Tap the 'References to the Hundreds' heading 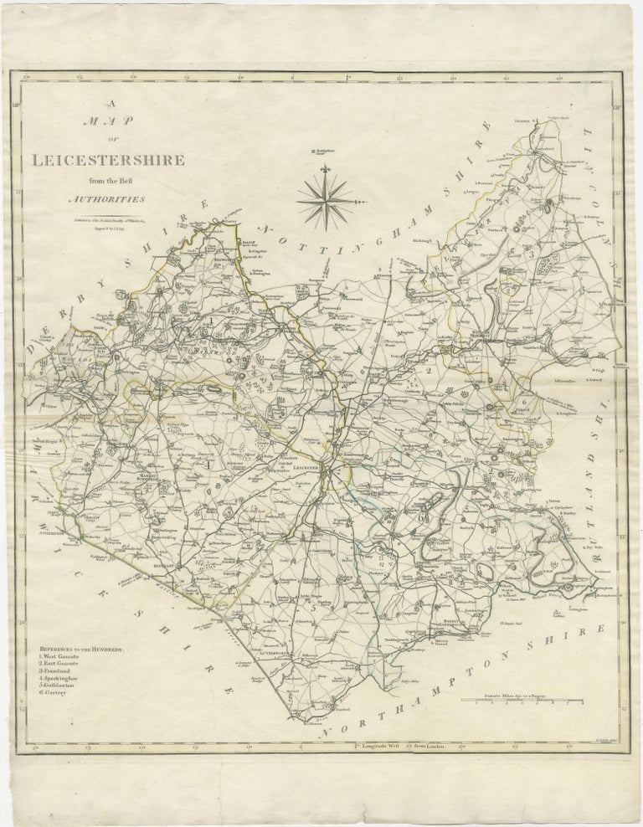coord(80,648)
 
